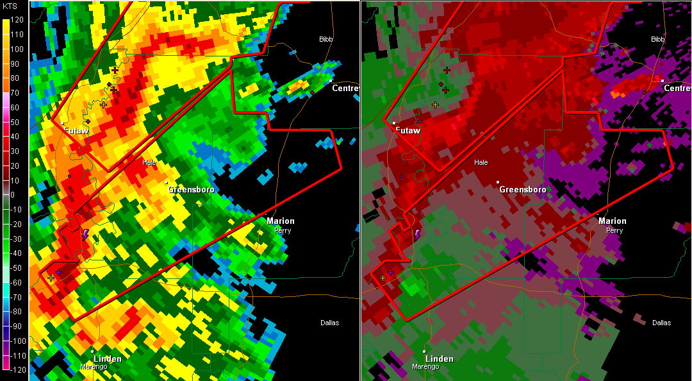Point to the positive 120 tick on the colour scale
coord(17,20)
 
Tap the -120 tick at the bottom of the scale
coord(17,369)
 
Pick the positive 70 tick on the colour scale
coord(14,93)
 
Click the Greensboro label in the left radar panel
coord(191,190)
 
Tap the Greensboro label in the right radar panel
coord(523,190)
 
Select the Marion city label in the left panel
coord(281,221)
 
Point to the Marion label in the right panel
coord(613,221)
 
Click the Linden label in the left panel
coord(108,359)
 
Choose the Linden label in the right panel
coord(440,359)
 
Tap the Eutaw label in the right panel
coord(408,130)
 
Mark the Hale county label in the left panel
coord(149,163)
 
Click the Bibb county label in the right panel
coord(658,39)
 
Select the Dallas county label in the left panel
coord(330,323)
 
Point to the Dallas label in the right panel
coord(662,323)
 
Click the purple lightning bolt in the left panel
coord(85,235)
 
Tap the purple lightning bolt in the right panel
coord(417,235)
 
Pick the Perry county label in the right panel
coord(614,230)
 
